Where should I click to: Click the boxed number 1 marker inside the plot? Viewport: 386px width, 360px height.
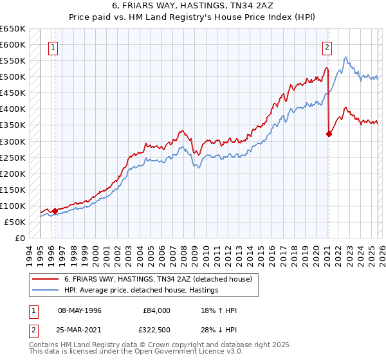(53, 46)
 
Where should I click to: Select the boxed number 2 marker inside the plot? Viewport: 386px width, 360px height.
(327, 46)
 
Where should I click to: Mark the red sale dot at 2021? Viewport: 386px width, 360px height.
(329, 134)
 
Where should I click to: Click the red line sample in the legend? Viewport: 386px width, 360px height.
(45, 278)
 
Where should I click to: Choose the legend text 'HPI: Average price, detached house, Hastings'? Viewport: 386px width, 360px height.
(141, 290)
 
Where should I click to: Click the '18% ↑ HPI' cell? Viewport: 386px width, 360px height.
(219, 310)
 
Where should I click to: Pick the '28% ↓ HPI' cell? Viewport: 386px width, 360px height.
(219, 330)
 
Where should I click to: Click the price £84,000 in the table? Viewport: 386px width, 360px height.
(157, 310)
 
